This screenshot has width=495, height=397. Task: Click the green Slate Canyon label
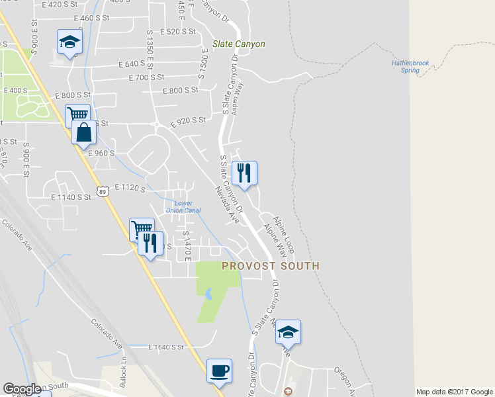[238, 44]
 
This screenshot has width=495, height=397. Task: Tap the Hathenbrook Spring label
[411, 66]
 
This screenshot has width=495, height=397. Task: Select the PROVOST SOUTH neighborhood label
[270, 266]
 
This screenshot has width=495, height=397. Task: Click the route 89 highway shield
[102, 191]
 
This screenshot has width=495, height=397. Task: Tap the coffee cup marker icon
[219, 371]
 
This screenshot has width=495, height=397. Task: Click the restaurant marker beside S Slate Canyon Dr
[244, 173]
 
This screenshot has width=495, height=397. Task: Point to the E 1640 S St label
[166, 347]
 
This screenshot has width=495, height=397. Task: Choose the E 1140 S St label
[71, 197]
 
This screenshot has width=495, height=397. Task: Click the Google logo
[22, 389]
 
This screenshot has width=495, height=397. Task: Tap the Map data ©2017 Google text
[454, 392]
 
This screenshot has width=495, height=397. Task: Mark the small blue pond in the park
[208, 294]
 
